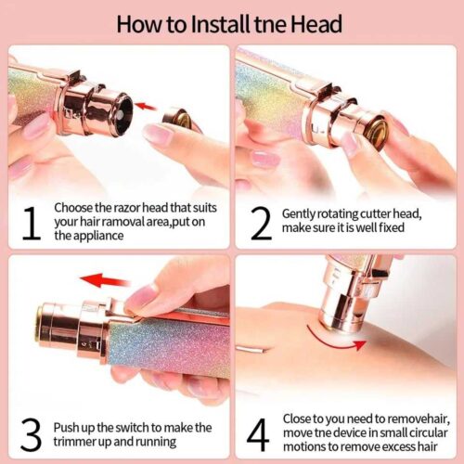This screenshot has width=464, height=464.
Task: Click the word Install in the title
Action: point(221,24)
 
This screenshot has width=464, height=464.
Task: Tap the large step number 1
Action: point(32,224)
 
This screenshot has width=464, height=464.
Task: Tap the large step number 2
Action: point(261,224)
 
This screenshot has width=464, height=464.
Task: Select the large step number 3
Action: point(31,434)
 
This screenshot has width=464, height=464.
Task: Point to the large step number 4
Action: point(259,434)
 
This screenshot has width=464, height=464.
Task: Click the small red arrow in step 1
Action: point(146,107)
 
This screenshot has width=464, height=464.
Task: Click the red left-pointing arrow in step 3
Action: point(105,280)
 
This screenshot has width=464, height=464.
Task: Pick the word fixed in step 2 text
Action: point(392,227)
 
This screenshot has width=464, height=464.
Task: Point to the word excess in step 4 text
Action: point(398,446)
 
